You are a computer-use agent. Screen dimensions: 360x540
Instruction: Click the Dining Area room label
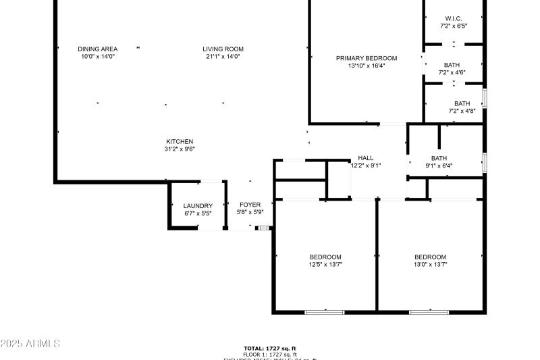[98, 49]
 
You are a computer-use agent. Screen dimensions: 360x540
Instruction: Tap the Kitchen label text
[180, 142]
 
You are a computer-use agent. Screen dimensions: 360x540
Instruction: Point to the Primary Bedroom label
[367, 58]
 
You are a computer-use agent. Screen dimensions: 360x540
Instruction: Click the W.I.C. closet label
[453, 18]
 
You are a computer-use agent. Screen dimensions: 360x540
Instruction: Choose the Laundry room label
[198, 206]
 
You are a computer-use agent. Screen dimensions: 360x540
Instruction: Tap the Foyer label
[250, 205]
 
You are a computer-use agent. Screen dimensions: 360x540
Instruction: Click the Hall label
[365, 158]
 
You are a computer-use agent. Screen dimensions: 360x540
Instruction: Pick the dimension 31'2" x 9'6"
[180, 149]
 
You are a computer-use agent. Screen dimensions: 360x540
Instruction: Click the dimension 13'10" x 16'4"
[367, 66]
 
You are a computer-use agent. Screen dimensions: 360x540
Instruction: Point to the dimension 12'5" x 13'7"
[325, 265]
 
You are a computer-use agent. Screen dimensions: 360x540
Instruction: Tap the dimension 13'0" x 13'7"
[430, 265]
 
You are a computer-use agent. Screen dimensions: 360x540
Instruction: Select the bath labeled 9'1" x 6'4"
[439, 165]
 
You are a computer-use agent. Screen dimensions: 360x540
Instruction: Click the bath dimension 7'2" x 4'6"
[452, 72]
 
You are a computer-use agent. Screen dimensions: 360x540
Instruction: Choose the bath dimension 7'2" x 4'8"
[462, 111]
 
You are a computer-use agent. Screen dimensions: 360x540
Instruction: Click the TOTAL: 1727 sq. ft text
[270, 348]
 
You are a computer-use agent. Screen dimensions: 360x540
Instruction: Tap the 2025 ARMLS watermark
[30, 344]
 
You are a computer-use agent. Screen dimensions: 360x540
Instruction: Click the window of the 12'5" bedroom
[325, 312]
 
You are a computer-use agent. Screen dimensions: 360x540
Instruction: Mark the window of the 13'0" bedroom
[429, 312]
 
